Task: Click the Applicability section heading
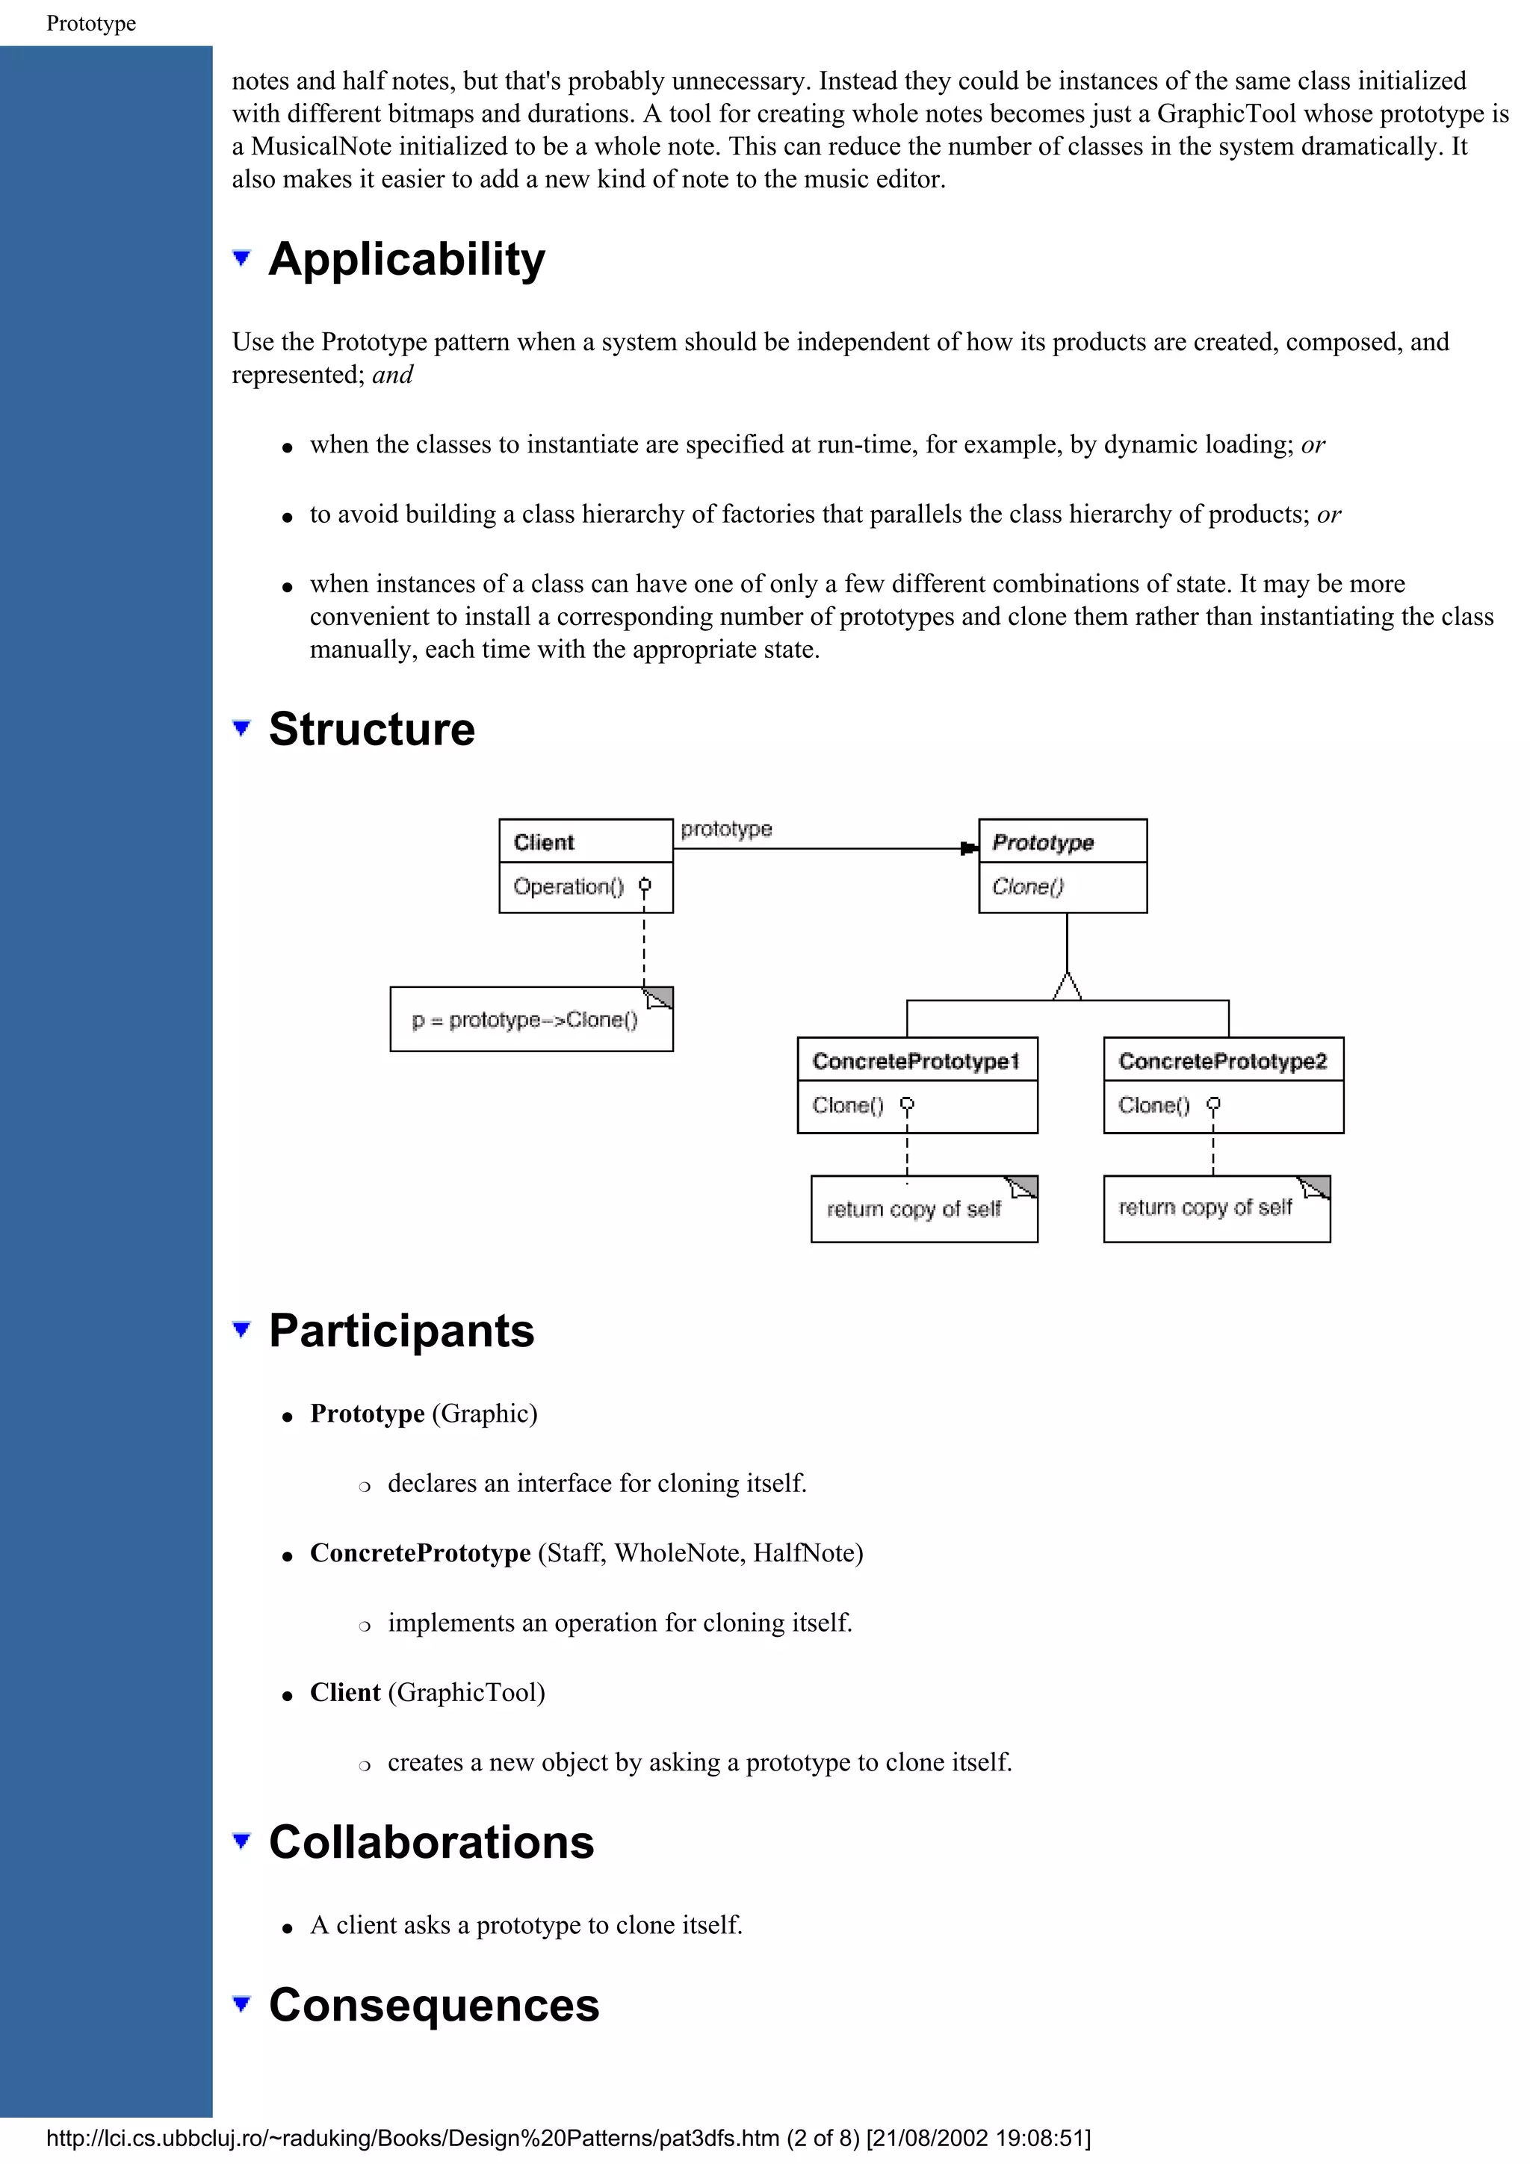[406, 259]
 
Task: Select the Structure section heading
[371, 729]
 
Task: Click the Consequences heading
[433, 2005]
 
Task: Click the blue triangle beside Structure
[242, 727]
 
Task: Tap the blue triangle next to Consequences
[242, 2003]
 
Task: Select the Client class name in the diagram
[544, 842]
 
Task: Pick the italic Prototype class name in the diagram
[1043, 842]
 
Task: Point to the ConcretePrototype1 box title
[915, 1061]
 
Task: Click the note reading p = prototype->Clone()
[525, 1020]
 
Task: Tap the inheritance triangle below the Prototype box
[1067, 987]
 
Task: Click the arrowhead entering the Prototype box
[969, 848]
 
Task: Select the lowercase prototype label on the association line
[726, 828]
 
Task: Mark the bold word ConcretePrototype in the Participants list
[421, 1552]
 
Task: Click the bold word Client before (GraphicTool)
[345, 1692]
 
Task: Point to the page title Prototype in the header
[90, 24]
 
